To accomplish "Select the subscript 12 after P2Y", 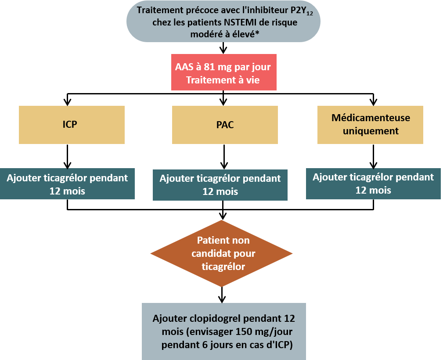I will click(310, 13).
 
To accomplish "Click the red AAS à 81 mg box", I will click(223, 72).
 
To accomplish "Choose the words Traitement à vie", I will click(223, 80).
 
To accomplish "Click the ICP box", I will click(72, 125).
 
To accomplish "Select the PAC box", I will click(225, 125).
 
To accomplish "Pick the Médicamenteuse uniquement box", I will click(370, 125).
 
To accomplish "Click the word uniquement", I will click(371, 131).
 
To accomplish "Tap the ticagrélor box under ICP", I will click(67, 184).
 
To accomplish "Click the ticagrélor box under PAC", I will click(220, 185).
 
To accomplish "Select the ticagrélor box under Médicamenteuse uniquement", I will click(373, 184).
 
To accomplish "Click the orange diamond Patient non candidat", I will click(222, 253).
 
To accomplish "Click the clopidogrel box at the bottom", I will click(223, 331).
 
